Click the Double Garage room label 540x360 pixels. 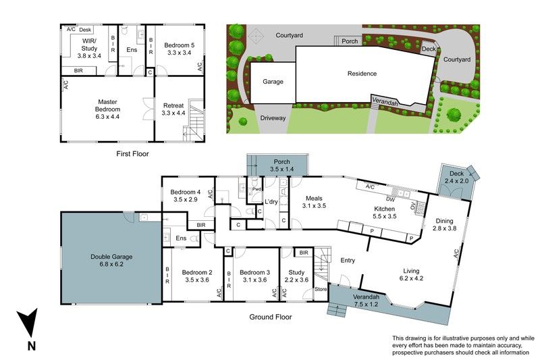[111, 261]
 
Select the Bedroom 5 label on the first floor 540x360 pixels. [179, 49]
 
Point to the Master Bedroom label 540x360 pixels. [107, 109]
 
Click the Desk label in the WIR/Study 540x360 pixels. [85, 30]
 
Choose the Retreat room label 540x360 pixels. [173, 109]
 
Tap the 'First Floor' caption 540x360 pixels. [132, 153]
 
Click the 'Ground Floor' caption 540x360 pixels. [271, 317]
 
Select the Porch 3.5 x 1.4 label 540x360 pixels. [281, 165]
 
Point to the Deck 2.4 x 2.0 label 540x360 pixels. [457, 177]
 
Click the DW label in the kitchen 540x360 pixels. [390, 199]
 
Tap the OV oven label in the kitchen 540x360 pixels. [412, 206]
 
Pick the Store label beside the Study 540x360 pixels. [321, 289]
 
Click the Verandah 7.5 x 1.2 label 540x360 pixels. [366, 301]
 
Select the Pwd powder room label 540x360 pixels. [256, 189]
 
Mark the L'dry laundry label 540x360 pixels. [271, 202]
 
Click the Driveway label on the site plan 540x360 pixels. [273, 118]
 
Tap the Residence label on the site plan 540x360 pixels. [362, 74]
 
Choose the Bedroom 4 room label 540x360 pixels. [185, 195]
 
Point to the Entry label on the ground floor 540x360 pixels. [348, 261]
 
